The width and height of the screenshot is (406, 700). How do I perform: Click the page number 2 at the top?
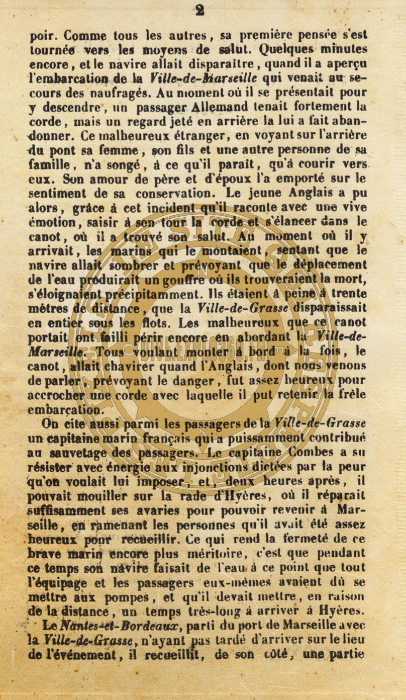[x=199, y=11]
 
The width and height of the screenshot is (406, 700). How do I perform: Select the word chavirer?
[x=115, y=366]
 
